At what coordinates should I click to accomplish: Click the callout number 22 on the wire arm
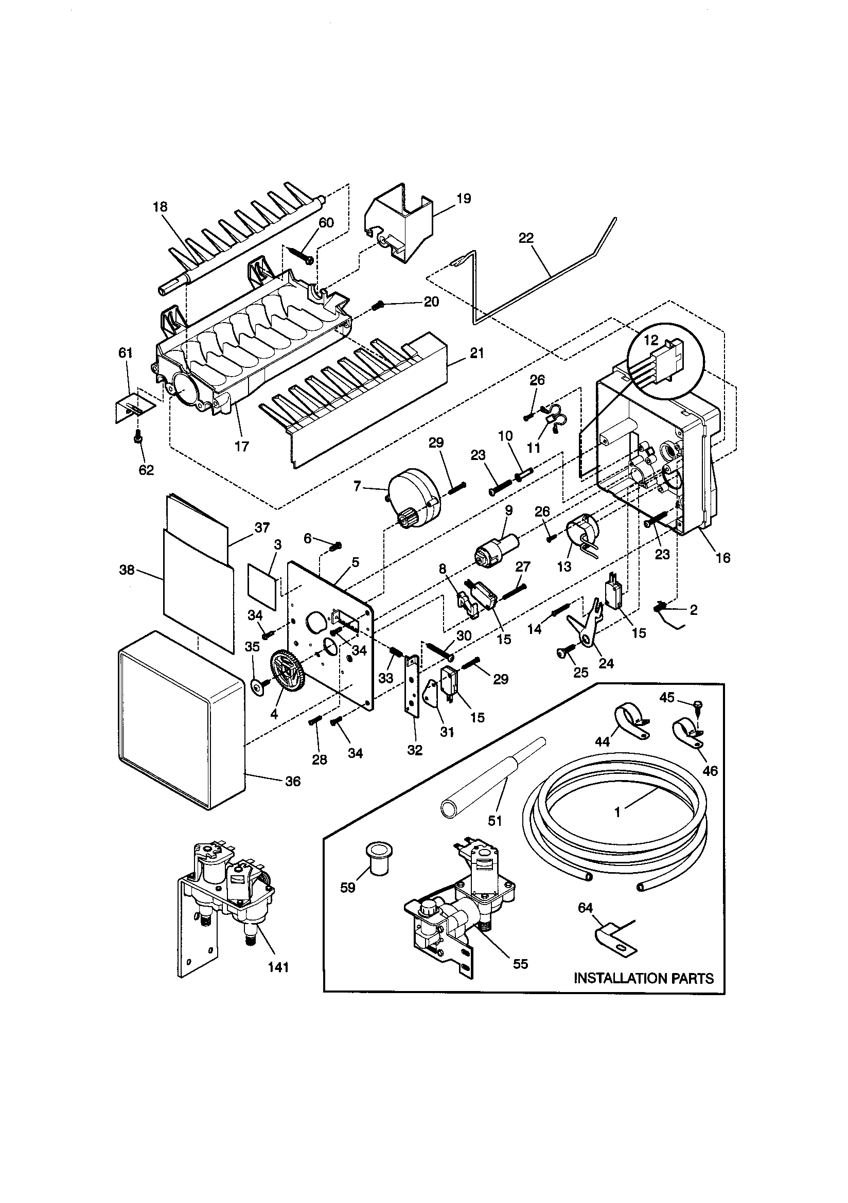[526, 238]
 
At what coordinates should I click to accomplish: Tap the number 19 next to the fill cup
[463, 199]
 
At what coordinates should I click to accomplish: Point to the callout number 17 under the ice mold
[242, 447]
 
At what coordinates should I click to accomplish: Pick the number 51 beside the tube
[495, 821]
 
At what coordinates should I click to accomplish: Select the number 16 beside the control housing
[723, 558]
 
